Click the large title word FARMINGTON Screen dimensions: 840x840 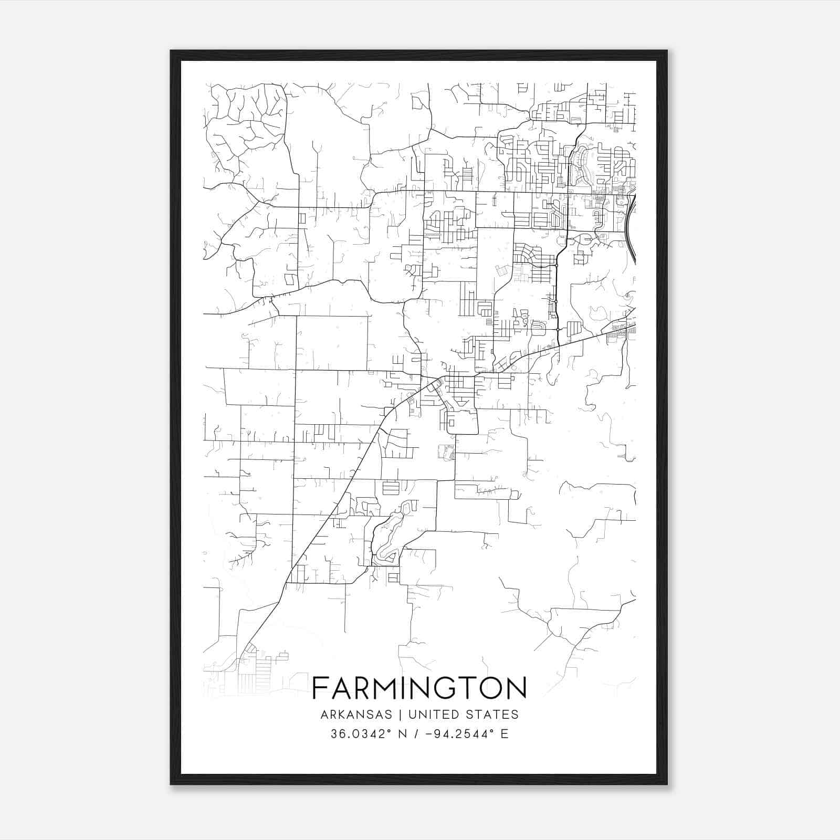coord(419,688)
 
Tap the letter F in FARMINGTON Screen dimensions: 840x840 coord(320,688)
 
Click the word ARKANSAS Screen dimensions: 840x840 coord(355,715)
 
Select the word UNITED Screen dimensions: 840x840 coord(431,715)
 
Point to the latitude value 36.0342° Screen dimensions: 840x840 coord(360,734)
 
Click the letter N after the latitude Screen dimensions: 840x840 coord(404,734)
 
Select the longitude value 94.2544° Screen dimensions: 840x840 coord(466,734)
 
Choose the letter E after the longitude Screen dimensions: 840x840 coord(505,734)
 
